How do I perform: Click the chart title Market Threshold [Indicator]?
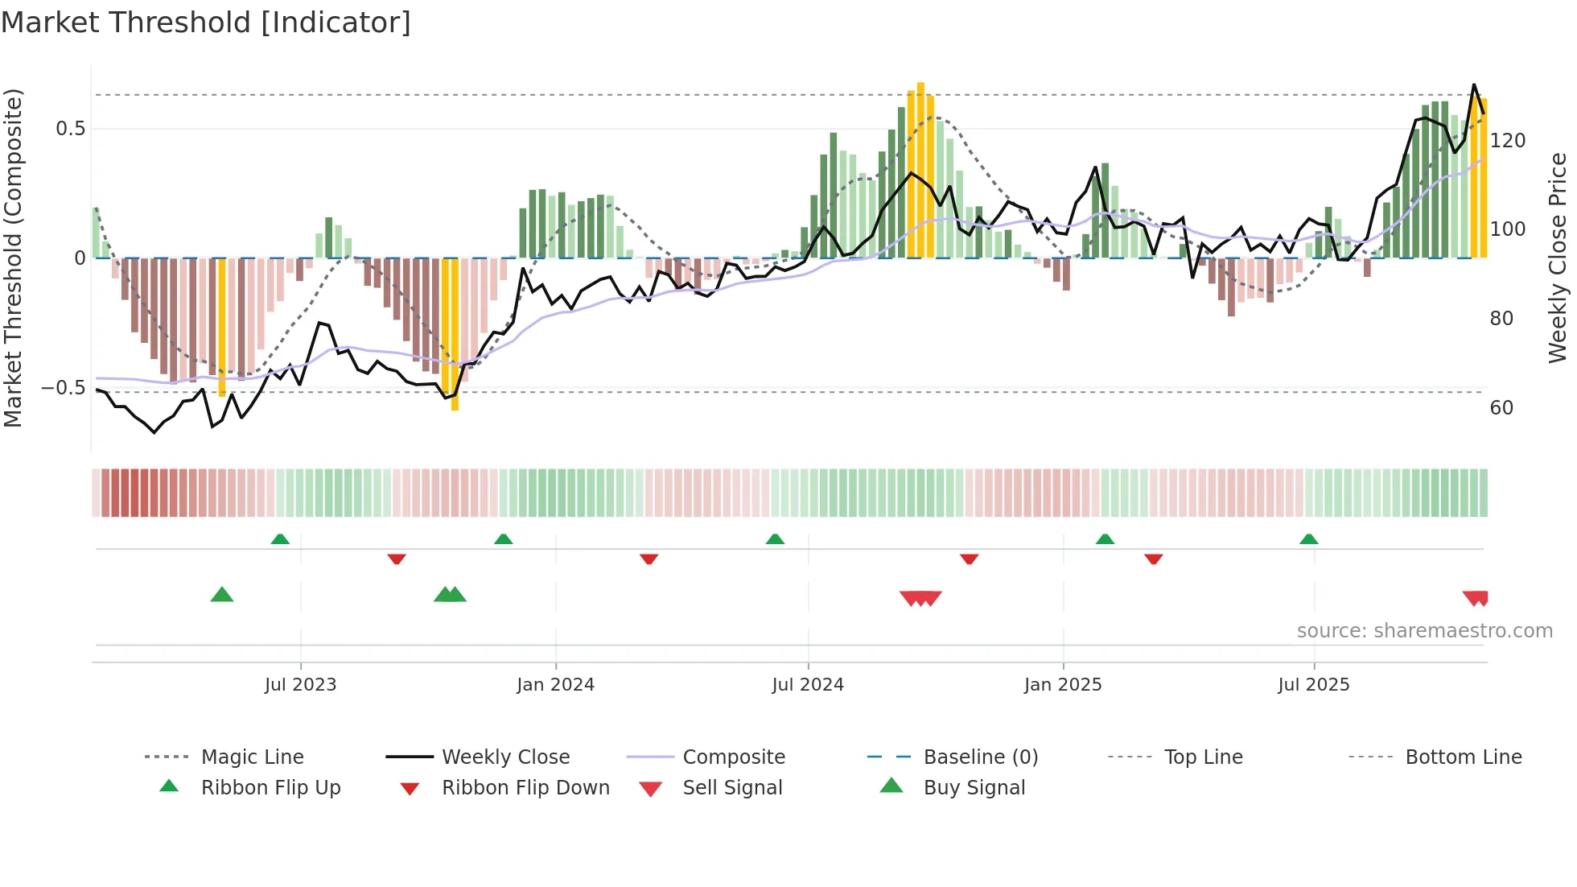(206, 23)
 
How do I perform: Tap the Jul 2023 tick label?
(300, 685)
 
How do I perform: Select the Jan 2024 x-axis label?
(555, 685)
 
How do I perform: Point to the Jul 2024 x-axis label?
(808, 685)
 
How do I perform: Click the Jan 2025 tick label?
(1063, 685)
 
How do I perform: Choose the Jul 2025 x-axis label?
(1314, 685)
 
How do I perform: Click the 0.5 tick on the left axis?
(71, 129)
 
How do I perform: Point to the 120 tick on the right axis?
(1507, 141)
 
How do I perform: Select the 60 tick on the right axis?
(1501, 408)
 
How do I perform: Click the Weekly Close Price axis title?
(1558, 258)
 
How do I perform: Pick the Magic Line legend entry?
(252, 757)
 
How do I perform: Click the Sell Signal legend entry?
(732, 788)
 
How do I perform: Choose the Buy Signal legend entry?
(974, 788)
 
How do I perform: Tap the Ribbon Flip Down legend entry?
(525, 788)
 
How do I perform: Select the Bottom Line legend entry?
(1463, 757)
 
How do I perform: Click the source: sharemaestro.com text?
(1424, 631)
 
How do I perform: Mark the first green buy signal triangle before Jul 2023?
(222, 595)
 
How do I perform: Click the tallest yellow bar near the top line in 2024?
(920, 169)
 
